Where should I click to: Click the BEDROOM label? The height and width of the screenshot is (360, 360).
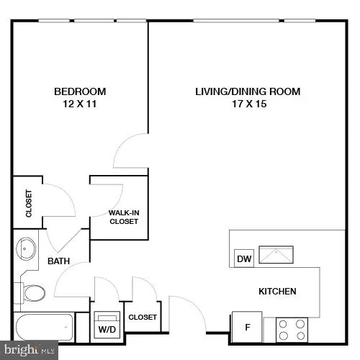pyautogui.click(x=81, y=91)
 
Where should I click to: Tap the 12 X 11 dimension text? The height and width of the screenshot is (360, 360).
pyautogui.click(x=81, y=104)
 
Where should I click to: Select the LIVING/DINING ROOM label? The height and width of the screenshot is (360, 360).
pyautogui.click(x=248, y=91)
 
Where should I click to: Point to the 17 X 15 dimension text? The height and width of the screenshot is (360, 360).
pyautogui.click(x=248, y=104)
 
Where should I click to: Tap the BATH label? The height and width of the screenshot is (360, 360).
pyautogui.click(x=58, y=261)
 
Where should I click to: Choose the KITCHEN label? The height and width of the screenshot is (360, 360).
pyautogui.click(x=278, y=292)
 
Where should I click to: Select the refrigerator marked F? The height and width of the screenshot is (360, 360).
pyautogui.click(x=247, y=328)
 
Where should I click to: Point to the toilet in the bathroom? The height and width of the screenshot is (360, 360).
pyautogui.click(x=32, y=292)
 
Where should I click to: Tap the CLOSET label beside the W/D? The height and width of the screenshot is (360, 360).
pyautogui.click(x=142, y=317)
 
